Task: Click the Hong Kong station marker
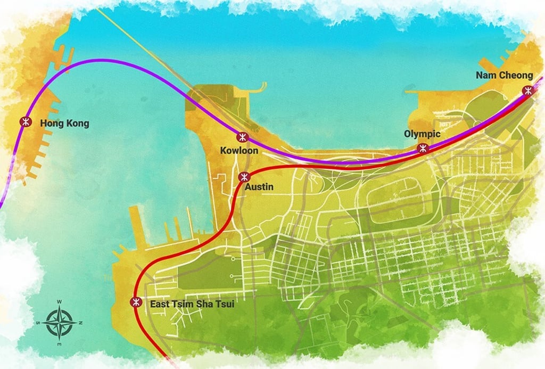(25, 122)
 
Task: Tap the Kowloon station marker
(242, 137)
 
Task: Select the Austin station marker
(244, 177)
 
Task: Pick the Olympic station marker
(423, 148)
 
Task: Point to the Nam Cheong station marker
(527, 90)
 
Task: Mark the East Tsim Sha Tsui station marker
(136, 302)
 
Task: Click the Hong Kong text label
(64, 124)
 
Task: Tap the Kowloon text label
(239, 151)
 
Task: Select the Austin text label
(259, 187)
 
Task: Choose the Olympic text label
(422, 134)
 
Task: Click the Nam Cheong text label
(504, 75)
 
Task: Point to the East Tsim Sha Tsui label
(192, 304)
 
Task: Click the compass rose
(60, 323)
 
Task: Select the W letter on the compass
(60, 302)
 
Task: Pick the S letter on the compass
(38, 323)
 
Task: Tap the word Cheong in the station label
(517, 75)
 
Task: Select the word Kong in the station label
(77, 124)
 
